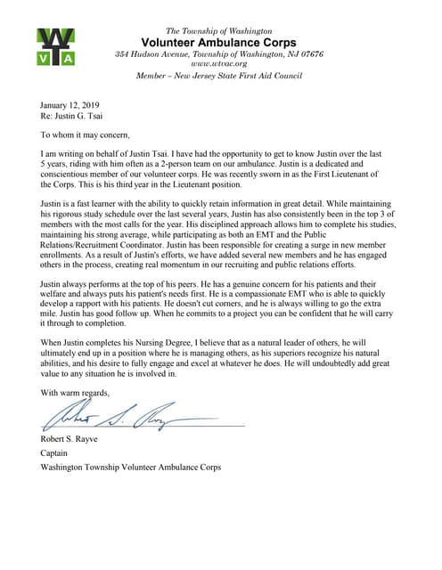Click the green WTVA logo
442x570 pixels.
coord(55,47)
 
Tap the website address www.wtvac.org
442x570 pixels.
coord(219,64)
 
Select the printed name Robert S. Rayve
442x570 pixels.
coord(76,439)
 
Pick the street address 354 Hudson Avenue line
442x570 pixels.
coord(219,54)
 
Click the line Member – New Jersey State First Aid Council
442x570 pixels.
coord(219,77)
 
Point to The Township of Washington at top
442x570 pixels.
coord(219,31)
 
